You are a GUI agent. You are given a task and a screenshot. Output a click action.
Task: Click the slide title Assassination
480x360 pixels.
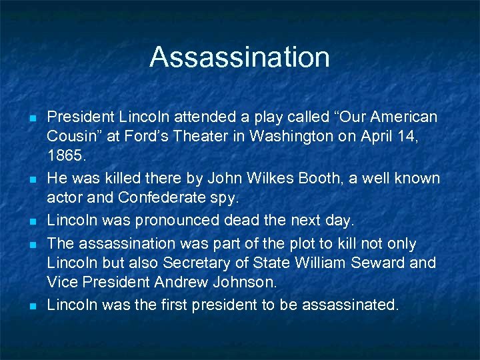[239, 57]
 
